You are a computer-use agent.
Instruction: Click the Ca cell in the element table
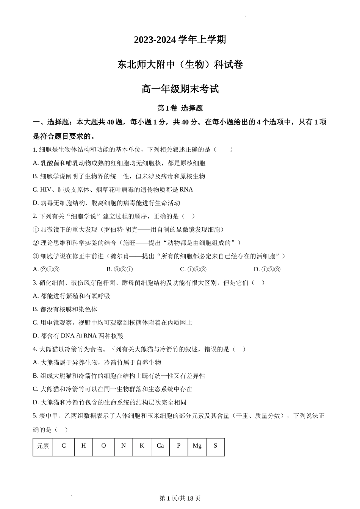point(160,446)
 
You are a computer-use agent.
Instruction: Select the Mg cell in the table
point(197,446)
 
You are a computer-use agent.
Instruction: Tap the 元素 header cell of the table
point(43,446)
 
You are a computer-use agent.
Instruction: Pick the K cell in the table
point(142,446)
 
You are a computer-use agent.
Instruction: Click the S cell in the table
point(215,446)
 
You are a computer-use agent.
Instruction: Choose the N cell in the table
point(124,446)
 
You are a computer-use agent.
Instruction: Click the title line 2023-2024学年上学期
point(180,40)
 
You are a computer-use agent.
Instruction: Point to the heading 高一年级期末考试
point(180,89)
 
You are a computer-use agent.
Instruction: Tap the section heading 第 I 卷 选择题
point(180,108)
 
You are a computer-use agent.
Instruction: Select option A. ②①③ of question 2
point(46,269)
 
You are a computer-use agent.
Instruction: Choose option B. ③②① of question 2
point(119,269)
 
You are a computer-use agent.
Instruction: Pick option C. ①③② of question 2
point(193,269)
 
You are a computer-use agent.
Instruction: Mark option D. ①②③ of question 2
point(267,269)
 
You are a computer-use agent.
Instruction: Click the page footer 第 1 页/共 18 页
point(180,498)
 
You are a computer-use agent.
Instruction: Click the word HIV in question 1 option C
point(45,189)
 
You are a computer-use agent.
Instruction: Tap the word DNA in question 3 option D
point(67,336)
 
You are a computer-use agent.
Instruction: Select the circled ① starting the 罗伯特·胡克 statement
point(36,230)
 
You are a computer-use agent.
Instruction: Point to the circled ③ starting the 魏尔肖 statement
point(36,256)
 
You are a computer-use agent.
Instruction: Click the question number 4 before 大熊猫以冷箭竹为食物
point(34,349)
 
